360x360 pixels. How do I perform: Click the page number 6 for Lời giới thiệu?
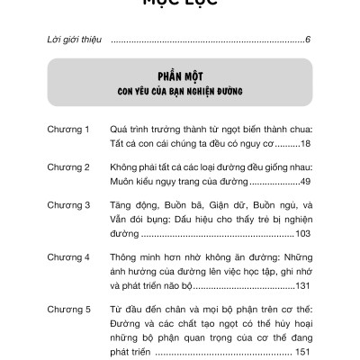(x=308, y=40)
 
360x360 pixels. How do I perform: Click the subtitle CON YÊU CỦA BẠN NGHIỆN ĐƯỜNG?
(x=179, y=91)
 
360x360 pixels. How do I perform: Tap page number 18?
(x=304, y=143)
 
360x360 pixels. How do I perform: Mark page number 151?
(x=301, y=351)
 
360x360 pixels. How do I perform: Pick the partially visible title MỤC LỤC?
(x=179, y=4)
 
